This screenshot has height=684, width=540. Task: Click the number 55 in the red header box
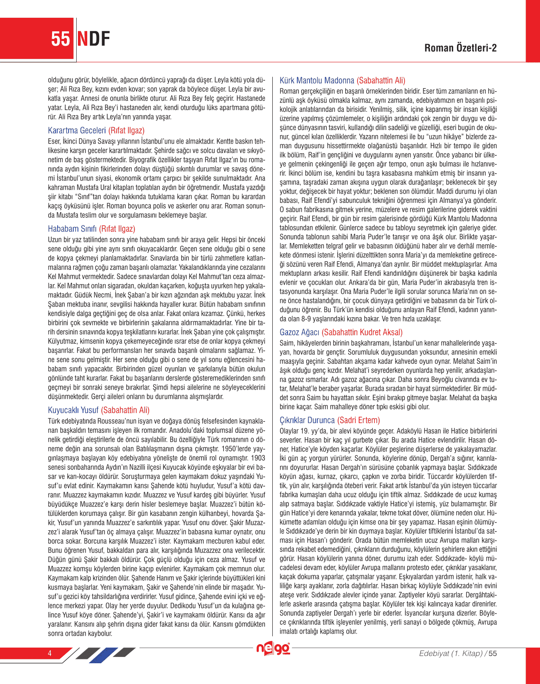click(61, 39)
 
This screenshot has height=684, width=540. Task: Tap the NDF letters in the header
click(94, 39)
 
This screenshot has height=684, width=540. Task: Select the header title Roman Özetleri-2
click(460, 48)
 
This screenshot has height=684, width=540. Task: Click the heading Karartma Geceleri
click(77, 130)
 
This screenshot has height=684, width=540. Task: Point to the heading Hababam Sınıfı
click(72, 229)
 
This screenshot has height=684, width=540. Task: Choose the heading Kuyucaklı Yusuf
click(73, 410)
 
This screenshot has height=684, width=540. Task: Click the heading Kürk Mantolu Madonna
click(317, 80)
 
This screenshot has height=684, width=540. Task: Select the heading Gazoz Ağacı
click(299, 332)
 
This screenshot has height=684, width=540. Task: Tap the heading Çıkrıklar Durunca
click(307, 420)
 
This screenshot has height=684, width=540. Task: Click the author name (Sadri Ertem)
click(359, 420)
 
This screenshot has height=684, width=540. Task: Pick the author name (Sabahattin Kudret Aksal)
click(362, 332)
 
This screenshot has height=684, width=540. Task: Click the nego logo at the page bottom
click(273, 649)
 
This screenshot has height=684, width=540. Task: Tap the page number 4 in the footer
click(50, 653)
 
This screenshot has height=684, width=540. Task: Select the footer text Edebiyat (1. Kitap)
click(451, 654)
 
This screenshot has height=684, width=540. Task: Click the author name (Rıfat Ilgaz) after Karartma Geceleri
click(126, 130)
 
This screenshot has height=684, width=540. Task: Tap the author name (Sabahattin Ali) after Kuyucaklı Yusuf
click(125, 410)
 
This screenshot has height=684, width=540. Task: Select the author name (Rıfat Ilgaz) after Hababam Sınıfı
click(117, 229)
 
